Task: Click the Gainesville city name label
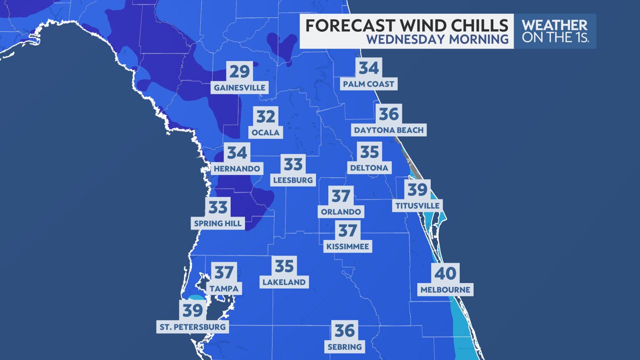239,88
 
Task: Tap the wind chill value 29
239,71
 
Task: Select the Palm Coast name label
368,83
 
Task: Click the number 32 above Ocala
266,116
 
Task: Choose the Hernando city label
237,168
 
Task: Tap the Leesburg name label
293,179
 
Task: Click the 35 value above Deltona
369,151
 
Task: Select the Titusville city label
417,205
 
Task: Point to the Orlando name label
340,211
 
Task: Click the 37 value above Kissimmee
347,230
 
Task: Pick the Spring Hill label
217,223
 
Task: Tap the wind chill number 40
445,273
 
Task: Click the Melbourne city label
445,289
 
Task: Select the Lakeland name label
284,282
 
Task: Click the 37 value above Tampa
224,272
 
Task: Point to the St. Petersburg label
192,327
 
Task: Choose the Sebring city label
344,346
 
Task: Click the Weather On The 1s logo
555,31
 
